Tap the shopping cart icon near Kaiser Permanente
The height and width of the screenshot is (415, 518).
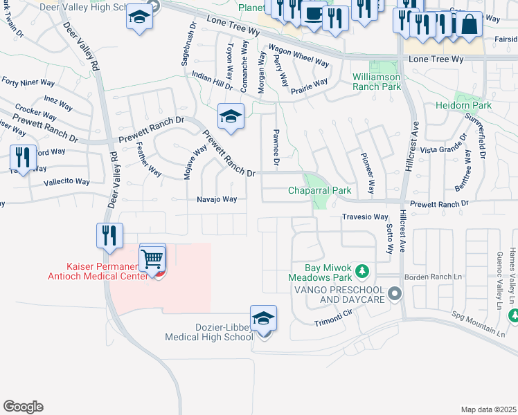[152, 259]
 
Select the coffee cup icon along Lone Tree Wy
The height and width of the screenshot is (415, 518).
[314, 15]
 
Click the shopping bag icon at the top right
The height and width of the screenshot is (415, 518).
[469, 25]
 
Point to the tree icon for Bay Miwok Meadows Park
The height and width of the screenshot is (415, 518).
[361, 268]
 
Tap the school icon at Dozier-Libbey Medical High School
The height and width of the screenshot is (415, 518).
[263, 319]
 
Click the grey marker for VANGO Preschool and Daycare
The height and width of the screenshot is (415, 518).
[395, 294]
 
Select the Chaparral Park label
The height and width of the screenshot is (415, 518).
[320, 190]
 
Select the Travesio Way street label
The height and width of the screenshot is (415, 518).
[364, 216]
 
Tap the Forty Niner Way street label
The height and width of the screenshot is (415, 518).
[28, 82]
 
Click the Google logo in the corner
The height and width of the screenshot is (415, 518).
[23, 407]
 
